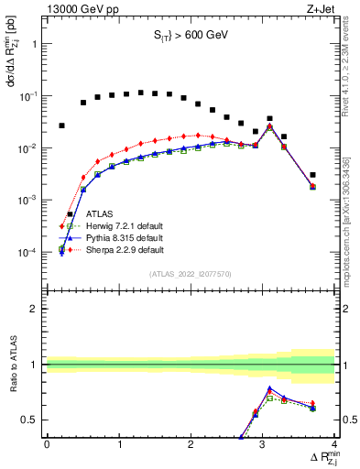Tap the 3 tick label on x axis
coord(263,446)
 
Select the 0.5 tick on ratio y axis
coord(30,420)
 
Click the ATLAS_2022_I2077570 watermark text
coord(190,274)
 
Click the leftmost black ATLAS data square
coord(62,125)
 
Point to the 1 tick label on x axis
coord(118,446)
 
